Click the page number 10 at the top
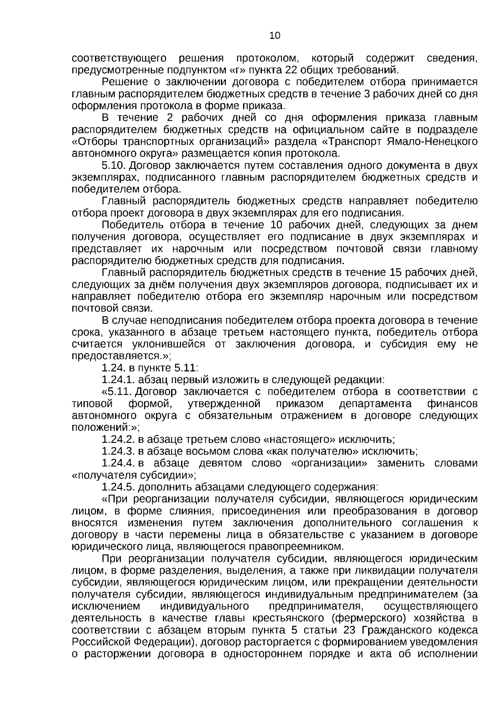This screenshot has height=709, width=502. pos(275,36)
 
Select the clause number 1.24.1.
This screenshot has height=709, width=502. pos(118,380)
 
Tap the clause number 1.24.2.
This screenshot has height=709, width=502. pos(118,440)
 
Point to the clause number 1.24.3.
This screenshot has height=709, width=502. pos(118,451)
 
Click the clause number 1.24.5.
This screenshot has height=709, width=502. pos(118,487)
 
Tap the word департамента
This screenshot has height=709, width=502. pos(375,404)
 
